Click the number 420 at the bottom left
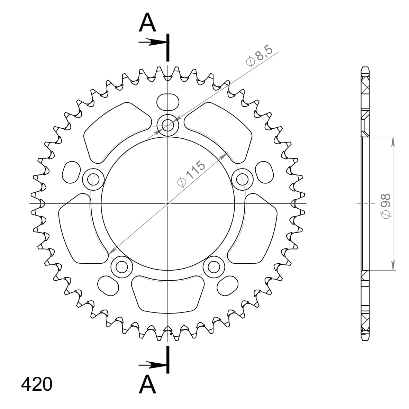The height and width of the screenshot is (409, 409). pyautogui.click(x=37, y=384)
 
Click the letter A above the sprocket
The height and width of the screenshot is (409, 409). pyautogui.click(x=148, y=22)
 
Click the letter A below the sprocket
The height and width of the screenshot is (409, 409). pyautogui.click(x=148, y=384)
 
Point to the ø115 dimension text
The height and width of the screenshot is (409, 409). pyautogui.click(x=191, y=174)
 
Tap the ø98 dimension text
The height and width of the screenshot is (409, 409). pyautogui.click(x=386, y=206)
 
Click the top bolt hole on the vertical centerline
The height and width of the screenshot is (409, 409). pyautogui.click(x=168, y=125)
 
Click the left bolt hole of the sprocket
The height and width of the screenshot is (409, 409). pyautogui.click(x=93, y=180)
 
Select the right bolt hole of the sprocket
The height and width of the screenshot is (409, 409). pyautogui.click(x=243, y=180)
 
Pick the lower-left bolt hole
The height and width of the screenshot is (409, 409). pyautogui.click(x=122, y=267)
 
